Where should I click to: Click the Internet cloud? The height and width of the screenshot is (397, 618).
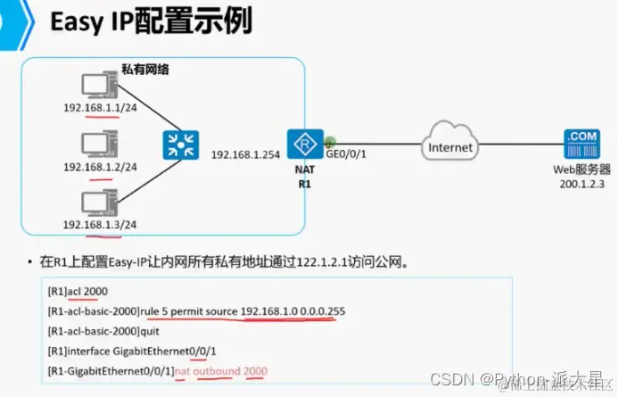click(x=451, y=145)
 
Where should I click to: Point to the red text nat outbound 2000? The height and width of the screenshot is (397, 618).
click(x=220, y=370)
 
